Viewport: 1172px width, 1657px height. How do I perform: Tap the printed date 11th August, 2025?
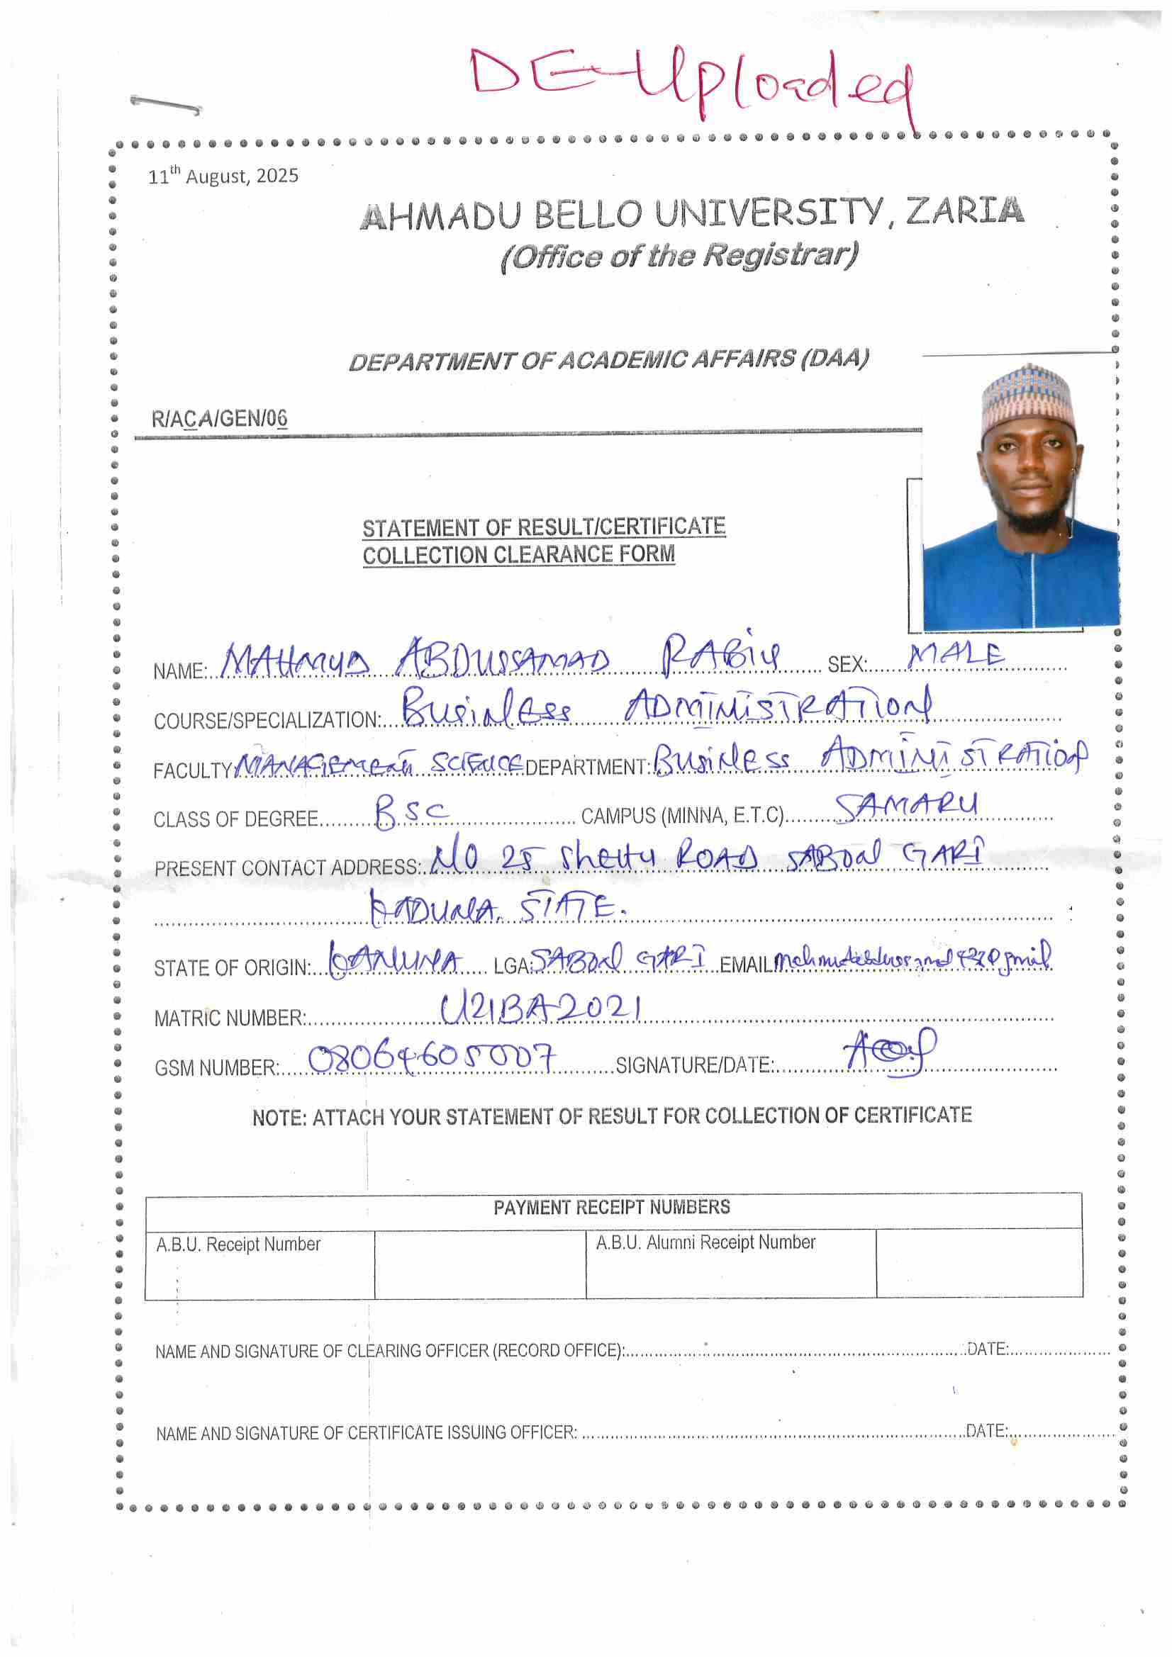(x=223, y=176)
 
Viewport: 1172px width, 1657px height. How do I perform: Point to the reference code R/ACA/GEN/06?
(x=220, y=419)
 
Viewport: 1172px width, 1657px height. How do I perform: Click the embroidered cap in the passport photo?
(x=1025, y=400)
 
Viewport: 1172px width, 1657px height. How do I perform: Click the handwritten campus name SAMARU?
(x=907, y=807)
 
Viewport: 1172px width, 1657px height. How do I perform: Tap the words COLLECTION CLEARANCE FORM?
(x=518, y=555)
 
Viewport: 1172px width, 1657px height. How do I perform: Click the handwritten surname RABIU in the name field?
(x=721, y=654)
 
